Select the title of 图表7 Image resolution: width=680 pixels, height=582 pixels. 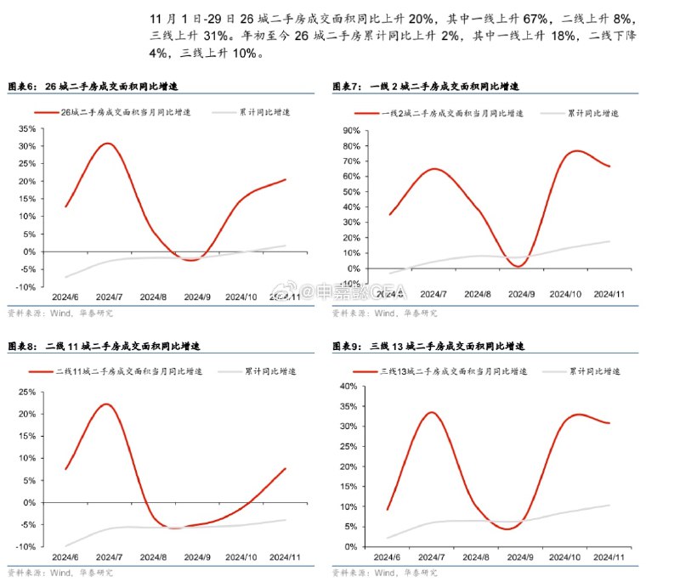pos(425,87)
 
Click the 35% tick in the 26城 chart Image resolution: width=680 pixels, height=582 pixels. pos(25,129)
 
